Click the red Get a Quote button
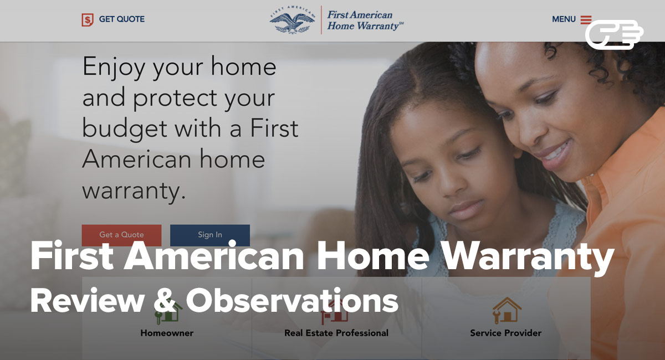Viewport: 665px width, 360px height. [x=121, y=235]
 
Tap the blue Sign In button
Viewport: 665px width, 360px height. [x=210, y=235]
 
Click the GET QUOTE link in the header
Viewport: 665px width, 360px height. [x=122, y=19]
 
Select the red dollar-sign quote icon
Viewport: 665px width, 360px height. [x=88, y=20]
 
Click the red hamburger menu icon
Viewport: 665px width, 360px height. [x=586, y=19]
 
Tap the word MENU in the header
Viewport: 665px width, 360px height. [x=564, y=19]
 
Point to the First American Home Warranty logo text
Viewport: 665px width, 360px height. [x=365, y=20]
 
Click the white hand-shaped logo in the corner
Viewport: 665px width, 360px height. [x=614, y=34]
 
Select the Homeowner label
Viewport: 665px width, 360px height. [x=167, y=333]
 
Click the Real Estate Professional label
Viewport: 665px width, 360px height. [x=336, y=333]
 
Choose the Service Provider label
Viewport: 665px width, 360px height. [x=506, y=333]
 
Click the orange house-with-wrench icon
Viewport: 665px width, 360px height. [x=507, y=311]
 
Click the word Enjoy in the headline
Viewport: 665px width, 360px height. [x=114, y=68]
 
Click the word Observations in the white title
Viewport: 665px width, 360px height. [x=292, y=301]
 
